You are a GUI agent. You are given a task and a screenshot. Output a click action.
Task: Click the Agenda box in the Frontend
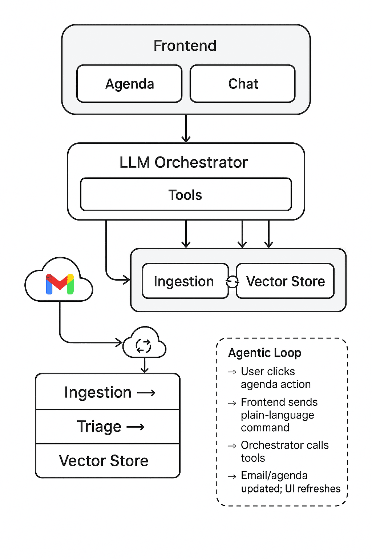[x=129, y=84]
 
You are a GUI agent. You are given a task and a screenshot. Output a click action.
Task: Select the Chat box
[x=243, y=84]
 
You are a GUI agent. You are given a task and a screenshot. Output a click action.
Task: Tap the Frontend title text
[x=185, y=46]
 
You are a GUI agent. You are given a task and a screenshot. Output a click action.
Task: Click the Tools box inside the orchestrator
[x=186, y=195]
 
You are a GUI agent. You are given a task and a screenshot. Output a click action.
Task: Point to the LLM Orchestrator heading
[x=183, y=162]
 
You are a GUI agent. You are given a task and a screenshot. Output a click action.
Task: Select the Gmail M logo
[x=60, y=284]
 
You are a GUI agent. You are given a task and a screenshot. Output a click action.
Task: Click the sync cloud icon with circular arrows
[x=144, y=345]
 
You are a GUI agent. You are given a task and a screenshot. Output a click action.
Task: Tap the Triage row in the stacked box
[x=108, y=427]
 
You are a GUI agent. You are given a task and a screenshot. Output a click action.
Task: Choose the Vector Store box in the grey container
[x=285, y=281]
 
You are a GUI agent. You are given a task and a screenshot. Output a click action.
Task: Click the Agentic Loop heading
[x=264, y=353]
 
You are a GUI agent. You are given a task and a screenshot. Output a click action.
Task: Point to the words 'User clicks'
[x=268, y=371]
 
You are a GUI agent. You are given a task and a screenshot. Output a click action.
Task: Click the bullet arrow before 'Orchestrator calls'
[x=232, y=446]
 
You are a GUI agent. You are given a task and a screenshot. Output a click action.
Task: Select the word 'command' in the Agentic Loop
[x=265, y=427]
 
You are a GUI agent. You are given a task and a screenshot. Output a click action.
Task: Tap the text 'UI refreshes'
[x=312, y=488]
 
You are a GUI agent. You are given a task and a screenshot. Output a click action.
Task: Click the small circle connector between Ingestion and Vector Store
[x=232, y=281]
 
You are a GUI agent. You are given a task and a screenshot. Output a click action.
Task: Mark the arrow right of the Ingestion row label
[x=146, y=393]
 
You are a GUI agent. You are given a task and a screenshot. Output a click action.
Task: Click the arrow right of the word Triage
[x=136, y=427]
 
